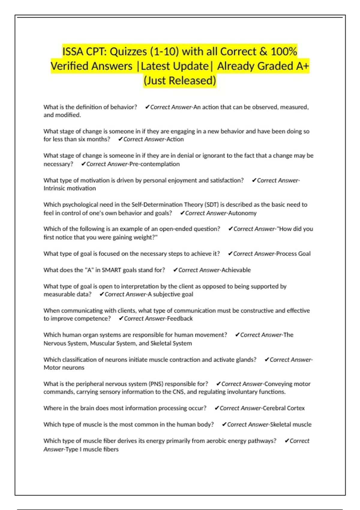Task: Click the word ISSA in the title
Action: coord(73,52)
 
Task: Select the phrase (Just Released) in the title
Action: coord(180,80)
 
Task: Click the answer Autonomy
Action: coord(242,213)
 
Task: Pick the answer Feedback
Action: coord(180,319)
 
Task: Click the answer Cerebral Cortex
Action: coord(283,408)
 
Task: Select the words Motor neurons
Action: coord(64,367)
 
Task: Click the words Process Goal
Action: coord(293,254)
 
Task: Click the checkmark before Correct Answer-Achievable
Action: coord(175,270)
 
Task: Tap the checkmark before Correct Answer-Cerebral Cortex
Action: coord(217,408)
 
